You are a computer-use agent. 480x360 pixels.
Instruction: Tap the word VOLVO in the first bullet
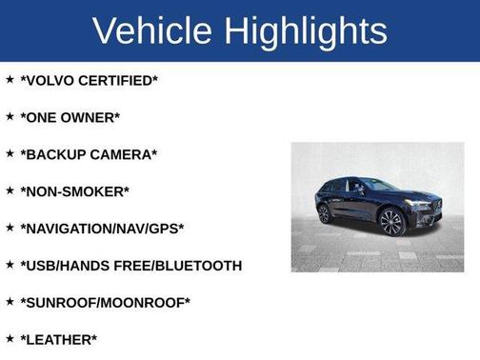pos(52,81)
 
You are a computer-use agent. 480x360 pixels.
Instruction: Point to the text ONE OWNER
pos(70,117)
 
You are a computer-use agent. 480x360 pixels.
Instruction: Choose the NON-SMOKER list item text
pos(74,191)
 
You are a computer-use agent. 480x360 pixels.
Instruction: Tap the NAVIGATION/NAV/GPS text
pos(102,229)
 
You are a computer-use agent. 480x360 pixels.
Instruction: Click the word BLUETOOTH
pos(199,266)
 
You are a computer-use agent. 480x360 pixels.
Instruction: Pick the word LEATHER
pos(58,340)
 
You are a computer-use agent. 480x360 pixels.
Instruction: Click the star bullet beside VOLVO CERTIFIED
pos(10,79)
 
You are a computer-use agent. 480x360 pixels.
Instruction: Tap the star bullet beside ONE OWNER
pos(10,116)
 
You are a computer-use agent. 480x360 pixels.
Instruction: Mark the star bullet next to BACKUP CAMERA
pos(10,153)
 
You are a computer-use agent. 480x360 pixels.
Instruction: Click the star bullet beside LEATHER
pos(10,338)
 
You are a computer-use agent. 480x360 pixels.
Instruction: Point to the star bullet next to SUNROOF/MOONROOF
pos(10,302)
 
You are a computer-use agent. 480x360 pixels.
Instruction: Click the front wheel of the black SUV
pos(392,223)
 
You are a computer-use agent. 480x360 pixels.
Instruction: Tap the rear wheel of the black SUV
pos(326,213)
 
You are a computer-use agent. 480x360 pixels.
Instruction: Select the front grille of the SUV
pos(425,205)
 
